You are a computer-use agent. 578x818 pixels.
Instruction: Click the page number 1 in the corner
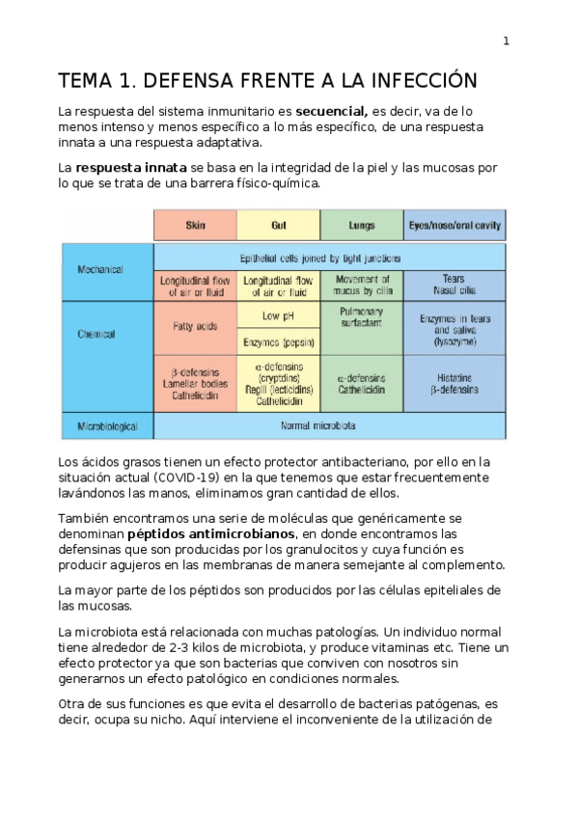507,41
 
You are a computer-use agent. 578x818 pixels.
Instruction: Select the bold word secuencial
331,112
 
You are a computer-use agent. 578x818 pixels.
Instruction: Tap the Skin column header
195,225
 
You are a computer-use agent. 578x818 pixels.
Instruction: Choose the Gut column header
279,225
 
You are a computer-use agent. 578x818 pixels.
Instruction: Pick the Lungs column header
362,225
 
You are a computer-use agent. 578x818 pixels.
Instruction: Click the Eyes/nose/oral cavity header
454,225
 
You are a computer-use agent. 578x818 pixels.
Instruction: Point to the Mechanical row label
100,269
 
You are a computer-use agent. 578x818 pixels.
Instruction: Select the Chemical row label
96,334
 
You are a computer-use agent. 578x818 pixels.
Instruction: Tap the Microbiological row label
107,425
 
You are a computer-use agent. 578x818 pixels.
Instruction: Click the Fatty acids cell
195,327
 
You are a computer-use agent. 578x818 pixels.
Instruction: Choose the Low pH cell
279,315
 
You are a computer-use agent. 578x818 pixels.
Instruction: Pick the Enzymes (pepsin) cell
279,341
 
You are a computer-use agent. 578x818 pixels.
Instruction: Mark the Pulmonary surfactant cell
362,318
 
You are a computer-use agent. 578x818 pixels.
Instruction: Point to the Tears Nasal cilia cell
454,286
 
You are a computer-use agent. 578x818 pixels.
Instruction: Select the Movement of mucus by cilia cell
362,286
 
